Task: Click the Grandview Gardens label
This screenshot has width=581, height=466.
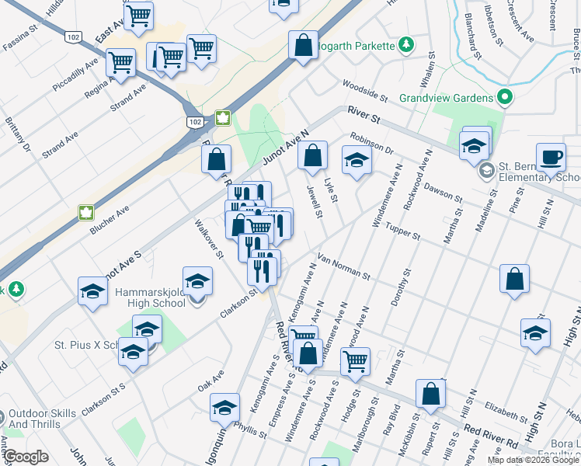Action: pos(445,98)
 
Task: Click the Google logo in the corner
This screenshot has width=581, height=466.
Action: pos(26,457)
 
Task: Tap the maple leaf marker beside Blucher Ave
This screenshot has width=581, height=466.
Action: pos(85,212)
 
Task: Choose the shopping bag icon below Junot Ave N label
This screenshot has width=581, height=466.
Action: pos(311,156)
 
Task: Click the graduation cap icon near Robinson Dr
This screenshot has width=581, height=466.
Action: pos(357,160)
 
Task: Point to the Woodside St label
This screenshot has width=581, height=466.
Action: pos(364,89)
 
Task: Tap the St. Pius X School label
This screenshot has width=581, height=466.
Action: pos(85,344)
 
